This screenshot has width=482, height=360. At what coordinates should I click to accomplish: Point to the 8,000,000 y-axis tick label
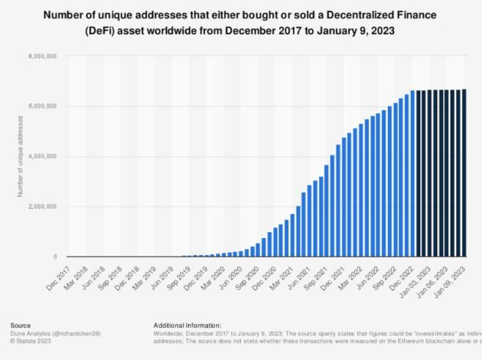tap(43, 57)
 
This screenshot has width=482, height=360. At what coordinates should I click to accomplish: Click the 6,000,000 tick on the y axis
tap(43, 107)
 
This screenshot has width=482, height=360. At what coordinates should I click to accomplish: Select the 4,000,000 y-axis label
tap(43, 156)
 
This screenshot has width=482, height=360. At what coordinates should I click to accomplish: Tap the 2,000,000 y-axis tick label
tap(43, 206)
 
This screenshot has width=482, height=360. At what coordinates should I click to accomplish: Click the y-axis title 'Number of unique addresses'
tap(21, 156)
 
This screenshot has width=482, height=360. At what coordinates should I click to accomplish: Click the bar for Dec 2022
tap(413, 173)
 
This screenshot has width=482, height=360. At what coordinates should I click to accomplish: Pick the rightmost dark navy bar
tap(464, 173)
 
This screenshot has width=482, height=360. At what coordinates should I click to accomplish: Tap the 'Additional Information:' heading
tap(187, 325)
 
